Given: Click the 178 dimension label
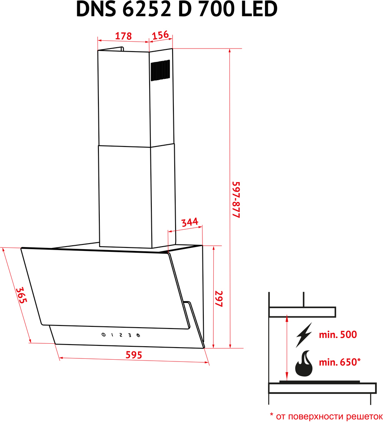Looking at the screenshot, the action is click(x=123, y=36).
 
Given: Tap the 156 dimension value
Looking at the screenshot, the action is click(x=160, y=35).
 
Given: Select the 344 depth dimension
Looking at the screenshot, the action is click(x=189, y=222).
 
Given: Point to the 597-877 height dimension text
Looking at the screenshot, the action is click(x=236, y=200).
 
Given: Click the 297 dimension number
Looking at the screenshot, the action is click(x=219, y=299).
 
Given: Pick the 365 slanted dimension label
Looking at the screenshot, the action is click(x=21, y=295).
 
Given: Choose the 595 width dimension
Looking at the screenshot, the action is click(x=134, y=355).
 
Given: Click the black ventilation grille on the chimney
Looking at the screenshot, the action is click(x=160, y=70).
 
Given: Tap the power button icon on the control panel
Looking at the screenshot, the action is click(x=103, y=335).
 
